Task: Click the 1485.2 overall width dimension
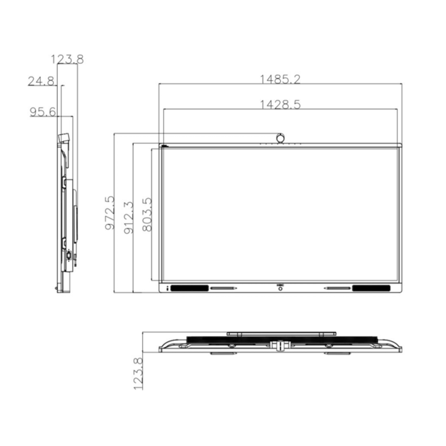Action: pyautogui.click(x=280, y=79)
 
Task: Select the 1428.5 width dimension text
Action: pyautogui.click(x=280, y=104)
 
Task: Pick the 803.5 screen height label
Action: pyautogui.click(x=147, y=214)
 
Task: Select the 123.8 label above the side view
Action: pyautogui.click(x=67, y=59)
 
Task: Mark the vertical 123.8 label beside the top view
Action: pyautogui.click(x=138, y=374)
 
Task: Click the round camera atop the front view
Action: pyautogui.click(x=281, y=138)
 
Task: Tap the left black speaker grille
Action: pyautogui.click(x=190, y=288)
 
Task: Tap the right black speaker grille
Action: pyautogui.click(x=371, y=288)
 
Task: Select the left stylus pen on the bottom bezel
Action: pyautogui.click(x=223, y=288)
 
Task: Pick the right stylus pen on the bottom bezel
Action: pyautogui.click(x=337, y=288)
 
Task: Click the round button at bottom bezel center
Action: pyautogui.click(x=280, y=290)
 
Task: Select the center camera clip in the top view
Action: pyautogui.click(x=279, y=345)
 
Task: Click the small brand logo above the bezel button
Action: pyautogui.click(x=280, y=285)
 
